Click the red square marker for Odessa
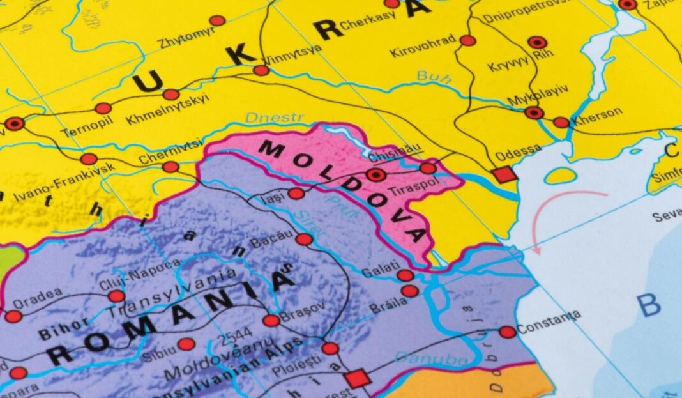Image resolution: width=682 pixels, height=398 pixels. (504, 174)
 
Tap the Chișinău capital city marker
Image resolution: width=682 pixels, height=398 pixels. (376, 174)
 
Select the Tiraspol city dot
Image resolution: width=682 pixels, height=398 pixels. (428, 168)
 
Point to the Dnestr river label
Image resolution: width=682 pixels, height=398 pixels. (275, 119)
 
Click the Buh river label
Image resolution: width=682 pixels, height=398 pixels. (434, 77)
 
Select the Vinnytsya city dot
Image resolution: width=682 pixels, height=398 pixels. (261, 70)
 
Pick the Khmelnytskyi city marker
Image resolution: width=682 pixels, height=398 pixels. (170, 95)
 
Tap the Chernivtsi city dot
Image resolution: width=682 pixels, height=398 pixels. (170, 167)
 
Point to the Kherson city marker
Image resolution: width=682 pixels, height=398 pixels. (561, 122)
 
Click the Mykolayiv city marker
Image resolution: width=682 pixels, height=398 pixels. (534, 113)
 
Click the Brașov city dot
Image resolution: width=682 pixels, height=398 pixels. (271, 320)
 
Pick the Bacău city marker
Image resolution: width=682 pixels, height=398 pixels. (305, 239)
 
